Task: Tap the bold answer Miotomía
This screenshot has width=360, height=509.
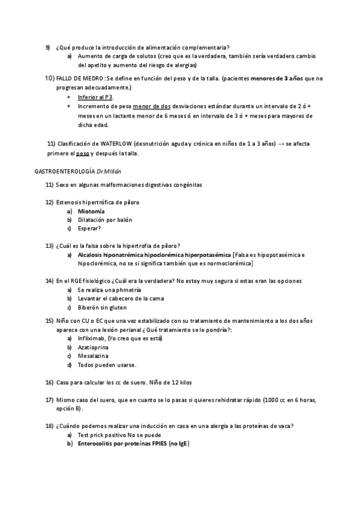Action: click(x=91, y=211)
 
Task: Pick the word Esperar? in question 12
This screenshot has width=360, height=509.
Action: click(x=89, y=228)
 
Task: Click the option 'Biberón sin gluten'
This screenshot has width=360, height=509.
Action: click(x=102, y=307)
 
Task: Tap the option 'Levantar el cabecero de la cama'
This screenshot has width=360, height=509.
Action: click(x=120, y=298)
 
